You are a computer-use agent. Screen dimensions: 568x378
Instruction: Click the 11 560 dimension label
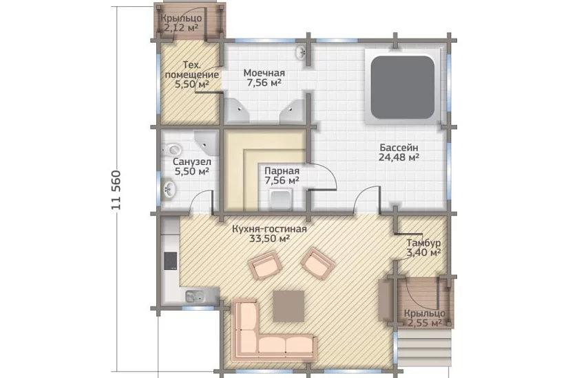[x=116, y=190]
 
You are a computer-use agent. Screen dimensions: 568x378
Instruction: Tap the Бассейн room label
[x=399, y=148]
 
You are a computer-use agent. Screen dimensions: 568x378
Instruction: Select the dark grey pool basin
[x=403, y=87]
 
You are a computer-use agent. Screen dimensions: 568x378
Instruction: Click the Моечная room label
[x=264, y=73]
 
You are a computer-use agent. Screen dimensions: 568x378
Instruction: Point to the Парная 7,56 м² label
[x=282, y=175]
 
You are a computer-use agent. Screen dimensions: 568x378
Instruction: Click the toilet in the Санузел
[x=174, y=149]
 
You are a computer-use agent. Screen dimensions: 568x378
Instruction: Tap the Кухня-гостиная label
[x=269, y=229]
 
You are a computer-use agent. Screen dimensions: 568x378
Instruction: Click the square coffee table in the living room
[x=288, y=306]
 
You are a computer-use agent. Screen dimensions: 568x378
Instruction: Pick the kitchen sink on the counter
[x=196, y=297]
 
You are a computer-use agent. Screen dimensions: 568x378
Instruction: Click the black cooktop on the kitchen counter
[x=170, y=261]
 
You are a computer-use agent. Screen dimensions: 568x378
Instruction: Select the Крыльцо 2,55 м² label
[x=425, y=318]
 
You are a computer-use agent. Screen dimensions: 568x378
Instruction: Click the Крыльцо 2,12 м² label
[x=181, y=23]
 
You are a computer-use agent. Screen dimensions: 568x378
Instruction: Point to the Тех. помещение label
[x=191, y=70]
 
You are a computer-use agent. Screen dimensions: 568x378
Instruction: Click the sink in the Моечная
[x=301, y=53]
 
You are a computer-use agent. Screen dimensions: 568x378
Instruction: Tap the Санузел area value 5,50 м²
[x=192, y=171]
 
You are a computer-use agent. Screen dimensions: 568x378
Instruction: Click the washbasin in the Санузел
[x=169, y=188]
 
